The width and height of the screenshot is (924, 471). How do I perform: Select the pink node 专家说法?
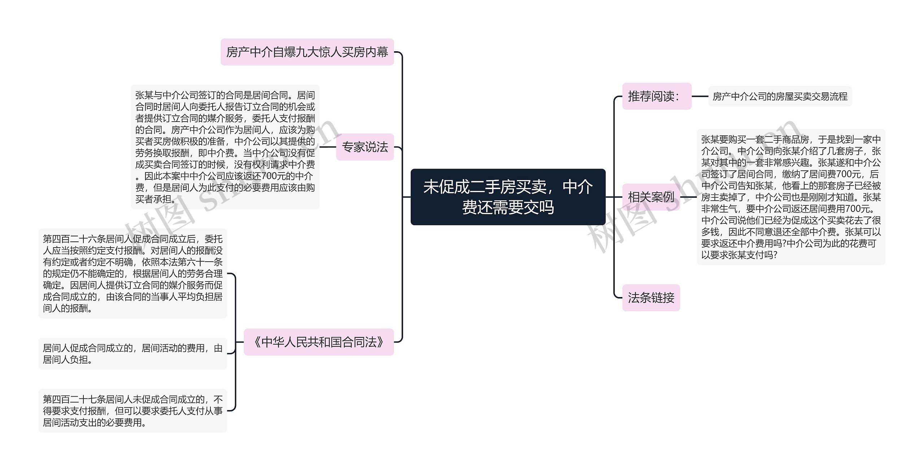(365, 147)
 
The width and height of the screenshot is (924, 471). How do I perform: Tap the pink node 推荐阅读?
(657, 96)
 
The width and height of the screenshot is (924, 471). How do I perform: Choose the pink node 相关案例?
(651, 197)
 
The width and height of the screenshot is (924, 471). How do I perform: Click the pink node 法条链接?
(651, 298)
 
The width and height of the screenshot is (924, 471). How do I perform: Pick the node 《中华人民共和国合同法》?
(319, 342)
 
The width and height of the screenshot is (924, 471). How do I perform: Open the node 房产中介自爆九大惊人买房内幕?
(307, 52)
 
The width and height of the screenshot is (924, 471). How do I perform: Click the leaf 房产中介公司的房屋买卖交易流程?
(780, 96)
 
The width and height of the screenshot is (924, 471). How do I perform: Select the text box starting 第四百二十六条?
(133, 273)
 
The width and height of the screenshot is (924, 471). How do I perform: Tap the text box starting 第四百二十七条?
(133, 411)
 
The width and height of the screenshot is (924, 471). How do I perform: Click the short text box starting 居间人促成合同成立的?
(133, 354)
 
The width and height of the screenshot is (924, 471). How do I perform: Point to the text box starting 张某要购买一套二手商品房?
(791, 197)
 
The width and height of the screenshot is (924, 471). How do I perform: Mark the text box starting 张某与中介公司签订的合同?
(225, 147)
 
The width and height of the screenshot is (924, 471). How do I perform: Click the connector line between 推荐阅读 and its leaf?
(700, 96)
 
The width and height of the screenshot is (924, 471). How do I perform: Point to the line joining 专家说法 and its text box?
(328, 147)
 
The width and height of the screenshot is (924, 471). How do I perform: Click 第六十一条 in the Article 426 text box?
(200, 262)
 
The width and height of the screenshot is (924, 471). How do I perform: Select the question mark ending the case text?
(775, 255)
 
